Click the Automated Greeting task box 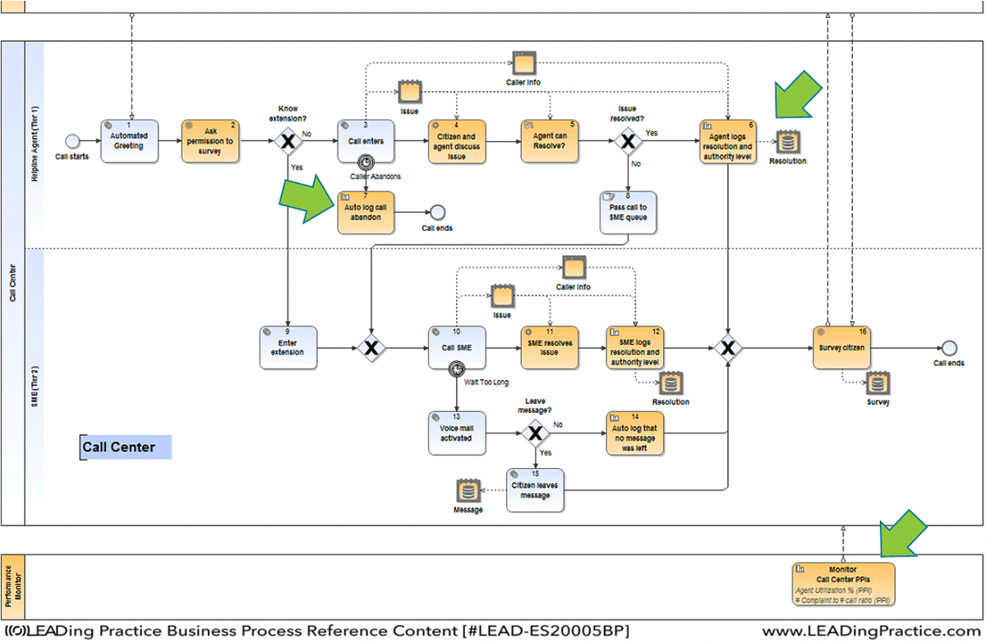point(128,141)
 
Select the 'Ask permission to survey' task point(208,141)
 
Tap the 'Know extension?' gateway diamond point(288,142)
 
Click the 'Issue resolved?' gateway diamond point(629,142)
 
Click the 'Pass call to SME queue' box point(629,213)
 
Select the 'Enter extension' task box point(288,348)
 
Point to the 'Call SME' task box point(456,348)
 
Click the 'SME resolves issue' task point(549,348)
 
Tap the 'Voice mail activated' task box point(456,433)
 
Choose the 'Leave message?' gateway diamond point(535,433)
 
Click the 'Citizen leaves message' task point(535,490)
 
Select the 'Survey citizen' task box point(841,348)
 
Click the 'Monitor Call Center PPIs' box point(843,584)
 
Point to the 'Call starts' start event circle point(73,141)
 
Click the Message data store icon point(468,491)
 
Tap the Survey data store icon point(878,383)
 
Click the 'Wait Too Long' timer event point(456,370)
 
